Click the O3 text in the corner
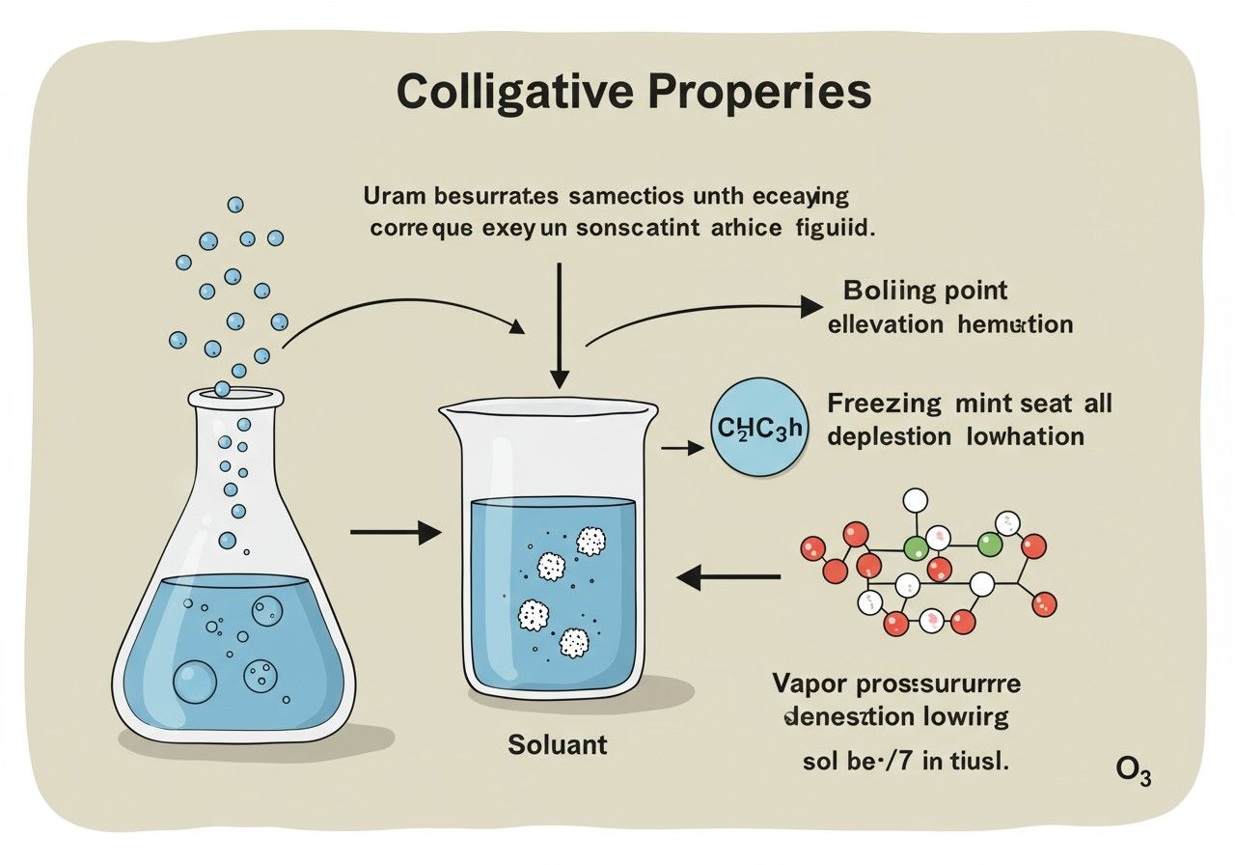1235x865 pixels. click(x=1133, y=771)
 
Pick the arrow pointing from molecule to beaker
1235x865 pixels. click(x=728, y=577)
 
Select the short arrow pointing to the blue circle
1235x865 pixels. click(x=683, y=448)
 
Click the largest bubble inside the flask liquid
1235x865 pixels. click(x=195, y=682)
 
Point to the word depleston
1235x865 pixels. click(x=889, y=436)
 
